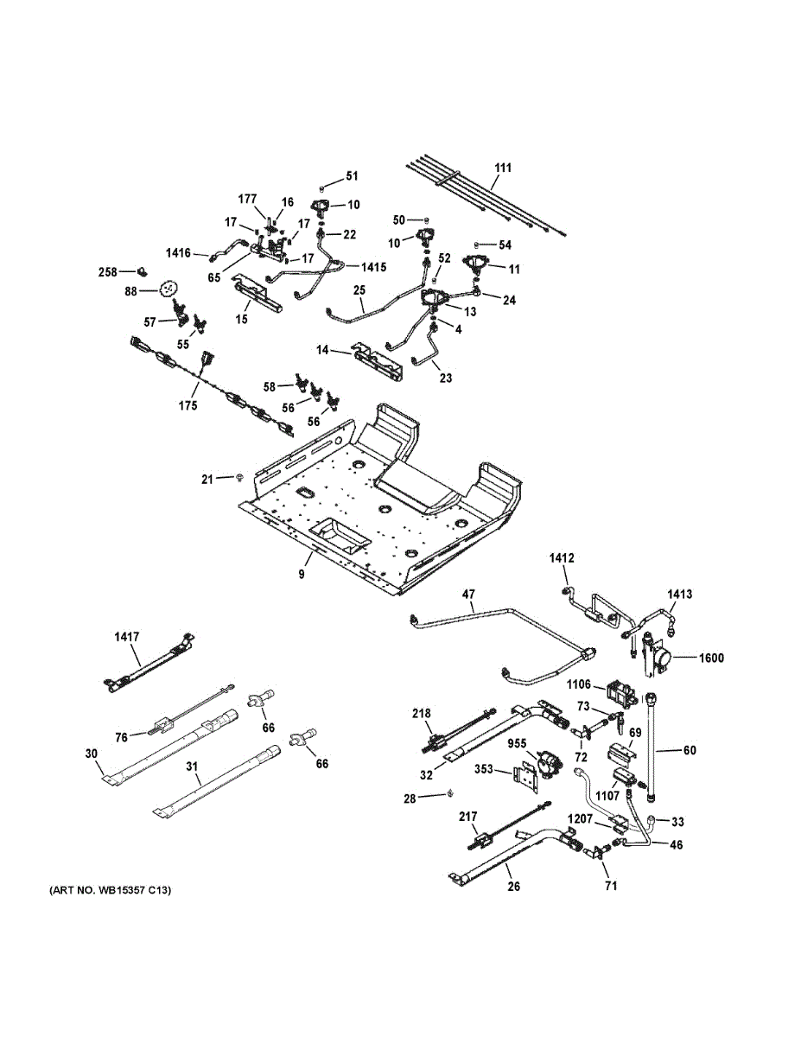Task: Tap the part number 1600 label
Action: (712, 658)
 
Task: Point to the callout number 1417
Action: (126, 637)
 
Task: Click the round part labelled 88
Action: (168, 289)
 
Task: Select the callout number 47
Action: (469, 595)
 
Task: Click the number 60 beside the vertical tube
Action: (689, 750)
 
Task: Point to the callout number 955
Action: (517, 742)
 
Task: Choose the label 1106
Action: (580, 684)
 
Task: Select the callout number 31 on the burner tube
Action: (192, 767)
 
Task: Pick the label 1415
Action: (373, 267)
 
